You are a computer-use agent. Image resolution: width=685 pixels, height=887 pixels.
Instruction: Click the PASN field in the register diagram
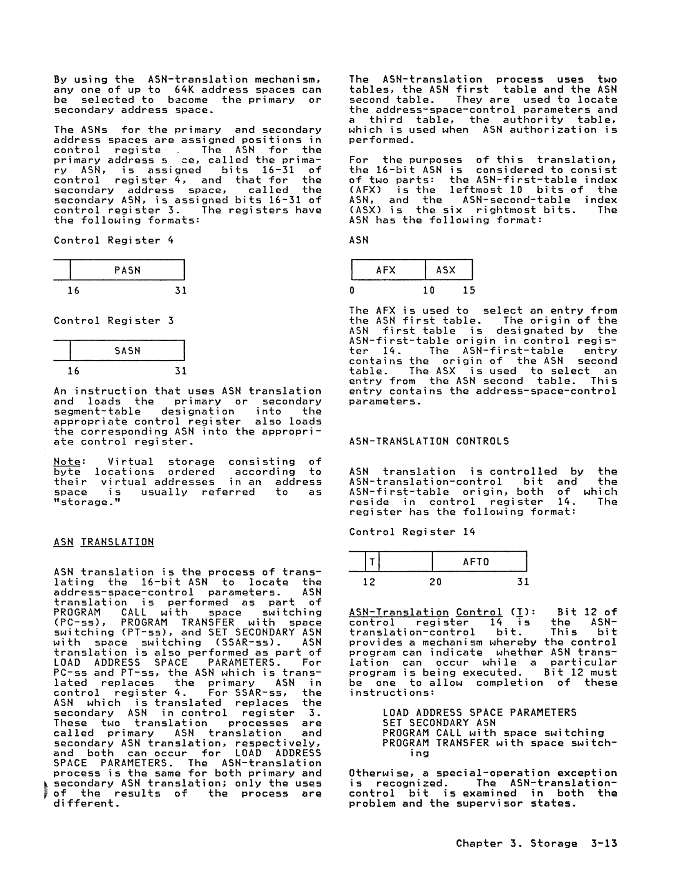(x=127, y=270)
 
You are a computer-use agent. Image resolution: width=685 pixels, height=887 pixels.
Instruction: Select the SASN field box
(x=127, y=350)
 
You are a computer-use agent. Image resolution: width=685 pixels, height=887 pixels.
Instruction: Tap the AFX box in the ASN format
(x=386, y=270)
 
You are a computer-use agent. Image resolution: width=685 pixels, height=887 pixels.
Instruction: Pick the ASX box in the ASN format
(x=446, y=270)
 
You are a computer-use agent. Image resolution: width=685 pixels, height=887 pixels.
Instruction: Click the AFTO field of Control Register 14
(x=476, y=562)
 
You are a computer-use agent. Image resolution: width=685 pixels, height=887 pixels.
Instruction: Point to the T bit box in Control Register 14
(x=372, y=562)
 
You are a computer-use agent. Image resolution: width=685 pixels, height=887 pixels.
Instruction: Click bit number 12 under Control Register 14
(x=369, y=582)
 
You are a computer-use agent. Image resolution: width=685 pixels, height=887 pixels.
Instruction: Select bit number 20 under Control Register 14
(x=435, y=582)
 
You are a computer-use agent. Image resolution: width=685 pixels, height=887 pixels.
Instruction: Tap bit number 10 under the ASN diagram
(x=429, y=290)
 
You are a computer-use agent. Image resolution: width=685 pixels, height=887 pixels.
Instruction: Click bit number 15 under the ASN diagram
(x=468, y=290)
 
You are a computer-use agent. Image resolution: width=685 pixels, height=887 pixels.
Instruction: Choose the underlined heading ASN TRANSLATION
(x=104, y=542)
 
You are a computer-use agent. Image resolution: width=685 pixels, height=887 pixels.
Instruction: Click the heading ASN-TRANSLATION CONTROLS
(x=429, y=441)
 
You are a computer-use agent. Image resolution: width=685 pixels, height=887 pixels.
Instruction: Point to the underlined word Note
(x=67, y=462)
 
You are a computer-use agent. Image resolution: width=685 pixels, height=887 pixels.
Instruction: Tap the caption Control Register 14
(x=412, y=532)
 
